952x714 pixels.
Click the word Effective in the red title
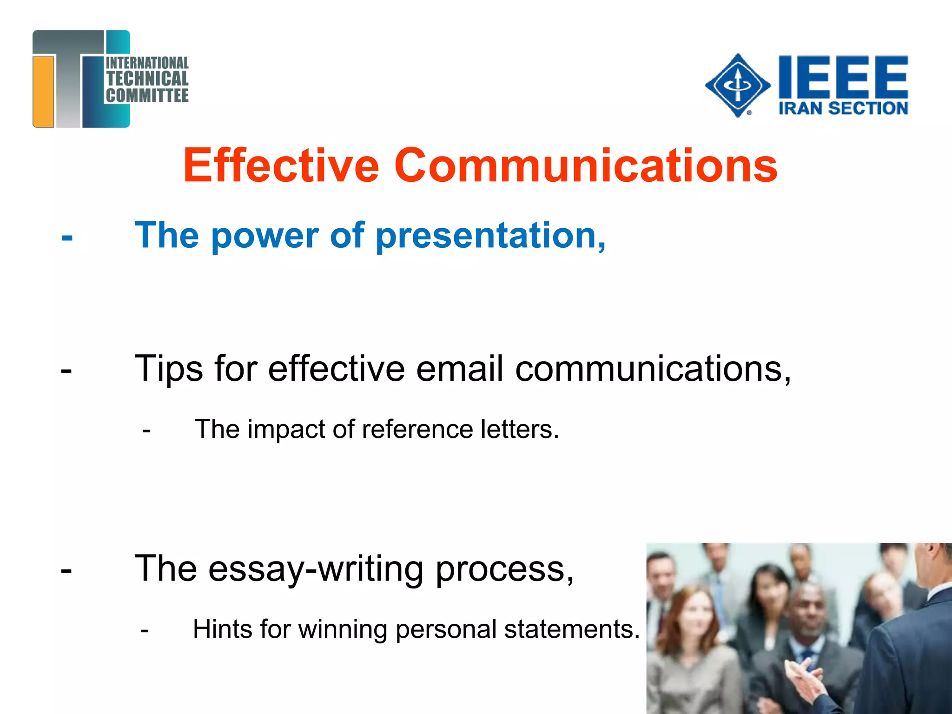point(281,165)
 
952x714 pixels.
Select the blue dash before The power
point(67,238)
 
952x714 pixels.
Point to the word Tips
point(169,369)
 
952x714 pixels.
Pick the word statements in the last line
point(572,629)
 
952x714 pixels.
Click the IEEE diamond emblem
point(737,86)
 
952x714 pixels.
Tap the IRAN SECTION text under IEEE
point(843,108)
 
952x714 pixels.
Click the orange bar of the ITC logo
point(44,91)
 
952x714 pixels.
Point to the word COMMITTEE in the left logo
point(147,96)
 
